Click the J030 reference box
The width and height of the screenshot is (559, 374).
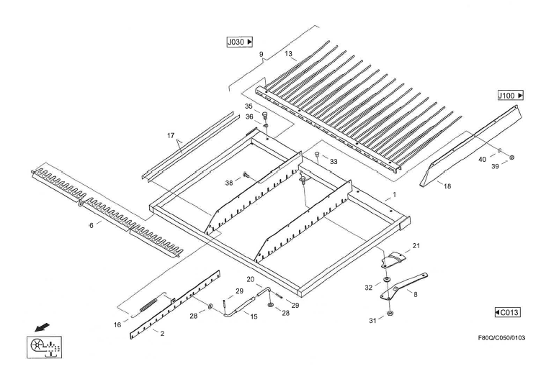tap(241, 42)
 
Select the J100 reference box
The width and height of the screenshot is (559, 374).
tap(509, 95)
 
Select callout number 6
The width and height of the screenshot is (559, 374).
tap(91, 226)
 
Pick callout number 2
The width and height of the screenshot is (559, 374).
tap(162, 334)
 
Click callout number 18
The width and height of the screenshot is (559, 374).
tap(447, 186)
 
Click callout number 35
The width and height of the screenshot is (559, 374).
tap(249, 106)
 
